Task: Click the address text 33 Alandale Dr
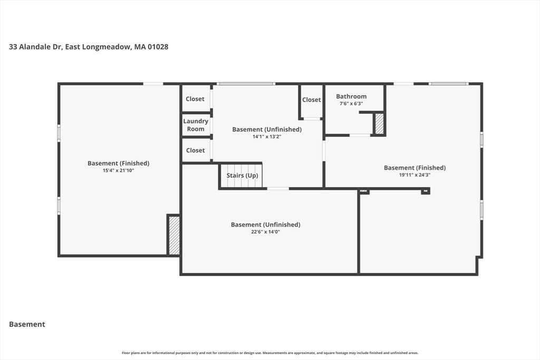(35, 47)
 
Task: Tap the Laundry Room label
(196, 125)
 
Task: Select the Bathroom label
(351, 96)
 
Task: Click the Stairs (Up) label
(242, 176)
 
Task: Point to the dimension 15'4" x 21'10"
(119, 170)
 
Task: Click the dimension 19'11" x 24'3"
(414, 175)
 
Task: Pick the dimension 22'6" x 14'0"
(266, 232)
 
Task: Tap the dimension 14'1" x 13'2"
(267, 137)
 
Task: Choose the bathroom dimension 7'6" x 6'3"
(351, 104)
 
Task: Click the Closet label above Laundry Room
(195, 99)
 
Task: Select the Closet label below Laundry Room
(195, 150)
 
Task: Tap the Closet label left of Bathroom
(311, 100)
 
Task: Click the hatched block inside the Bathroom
(379, 124)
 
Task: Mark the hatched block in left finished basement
(174, 236)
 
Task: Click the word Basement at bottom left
(27, 324)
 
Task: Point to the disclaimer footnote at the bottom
(270, 353)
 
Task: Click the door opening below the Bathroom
(360, 135)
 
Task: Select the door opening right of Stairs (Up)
(278, 189)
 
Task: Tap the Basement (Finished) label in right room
(414, 168)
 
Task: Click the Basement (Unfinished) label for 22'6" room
(266, 225)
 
